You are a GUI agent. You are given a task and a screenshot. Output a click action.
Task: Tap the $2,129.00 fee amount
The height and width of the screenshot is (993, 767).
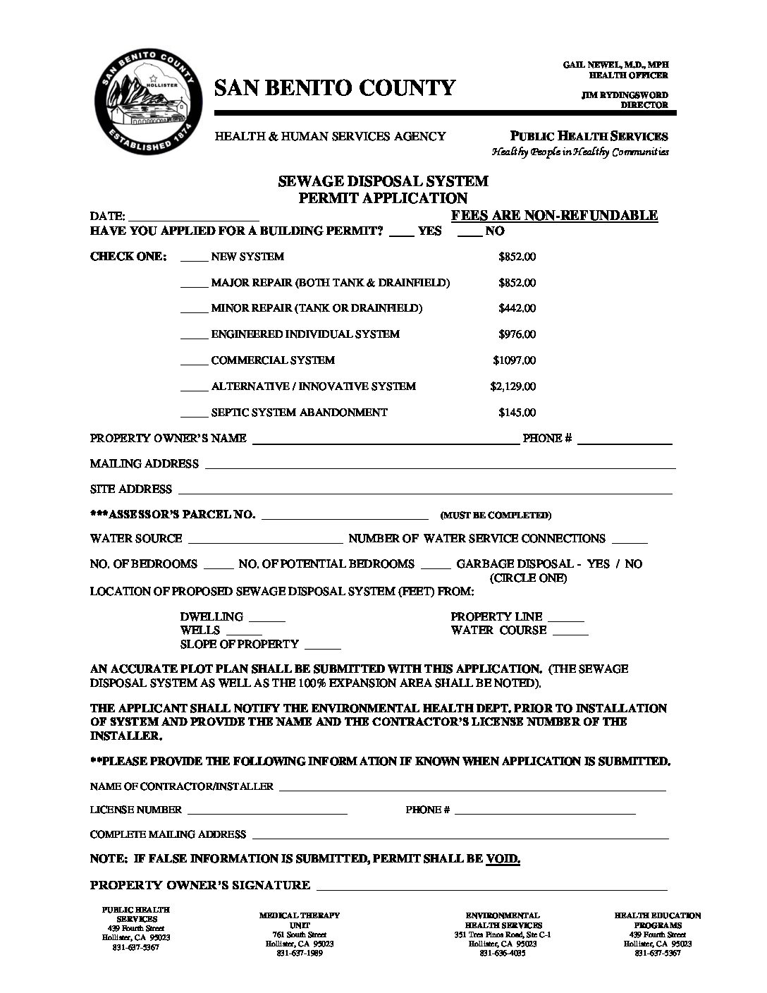pos(513,386)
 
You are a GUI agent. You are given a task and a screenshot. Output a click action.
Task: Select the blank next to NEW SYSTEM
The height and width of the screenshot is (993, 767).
pos(194,259)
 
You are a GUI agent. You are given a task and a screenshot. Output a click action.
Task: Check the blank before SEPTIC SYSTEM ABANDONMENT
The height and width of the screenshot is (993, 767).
pos(194,415)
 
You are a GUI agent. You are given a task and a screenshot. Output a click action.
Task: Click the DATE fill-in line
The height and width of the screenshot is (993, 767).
pos(195,218)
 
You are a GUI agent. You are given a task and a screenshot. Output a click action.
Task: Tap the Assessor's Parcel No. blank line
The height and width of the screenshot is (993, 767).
pos(345,517)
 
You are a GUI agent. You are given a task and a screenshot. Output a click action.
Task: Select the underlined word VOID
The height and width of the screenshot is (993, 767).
pos(503,859)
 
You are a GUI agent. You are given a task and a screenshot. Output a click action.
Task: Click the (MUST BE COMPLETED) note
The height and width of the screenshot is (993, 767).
pos(496,516)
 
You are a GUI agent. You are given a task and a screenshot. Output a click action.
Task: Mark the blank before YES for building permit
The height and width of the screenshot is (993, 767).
pos(401,233)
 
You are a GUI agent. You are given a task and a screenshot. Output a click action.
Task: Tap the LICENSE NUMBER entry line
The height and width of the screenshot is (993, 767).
pos(267,813)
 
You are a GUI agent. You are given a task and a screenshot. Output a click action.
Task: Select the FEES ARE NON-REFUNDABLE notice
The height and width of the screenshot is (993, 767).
pos(554,216)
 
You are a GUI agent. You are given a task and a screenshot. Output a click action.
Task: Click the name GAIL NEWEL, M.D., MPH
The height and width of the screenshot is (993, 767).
pos(615,65)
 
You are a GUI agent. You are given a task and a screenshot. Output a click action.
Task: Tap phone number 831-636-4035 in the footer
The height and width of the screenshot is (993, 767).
pos(503,954)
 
